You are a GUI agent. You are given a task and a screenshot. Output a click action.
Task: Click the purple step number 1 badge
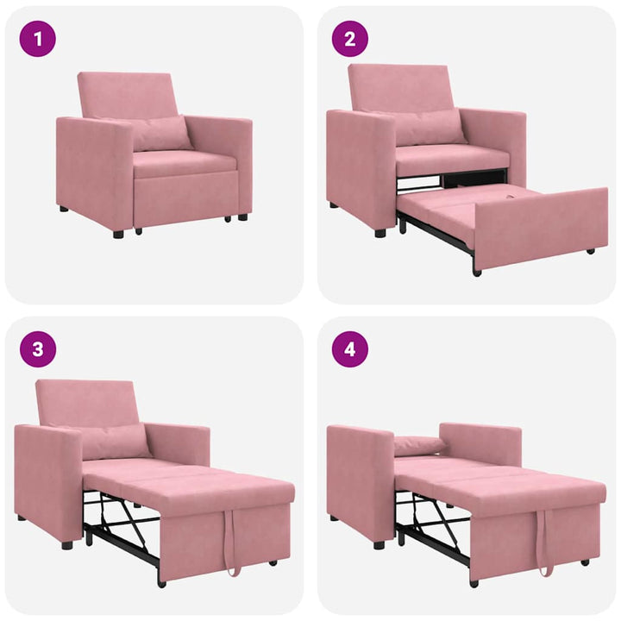[37, 39]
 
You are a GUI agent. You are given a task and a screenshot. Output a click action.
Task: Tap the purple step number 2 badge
[349, 39]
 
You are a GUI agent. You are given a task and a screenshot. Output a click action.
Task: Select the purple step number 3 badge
[37, 349]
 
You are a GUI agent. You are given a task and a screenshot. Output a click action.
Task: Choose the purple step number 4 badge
[349, 349]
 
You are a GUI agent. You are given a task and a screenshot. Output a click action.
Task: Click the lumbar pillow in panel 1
[161, 134]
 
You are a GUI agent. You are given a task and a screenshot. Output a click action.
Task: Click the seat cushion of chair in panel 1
[184, 163]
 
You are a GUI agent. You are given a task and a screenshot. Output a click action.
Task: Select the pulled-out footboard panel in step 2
[535, 226]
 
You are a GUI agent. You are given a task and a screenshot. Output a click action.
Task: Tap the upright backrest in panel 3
[86, 401]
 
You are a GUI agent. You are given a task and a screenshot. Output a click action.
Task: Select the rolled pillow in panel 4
[419, 446]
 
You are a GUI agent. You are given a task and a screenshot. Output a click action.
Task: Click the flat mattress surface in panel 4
[492, 479]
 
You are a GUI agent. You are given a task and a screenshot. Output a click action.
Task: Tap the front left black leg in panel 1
[118, 233]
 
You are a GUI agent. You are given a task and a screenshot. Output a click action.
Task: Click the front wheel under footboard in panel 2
[476, 272]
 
